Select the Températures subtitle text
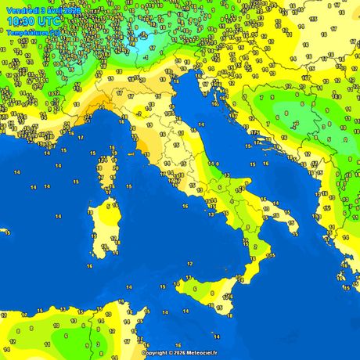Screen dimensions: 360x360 (28, 32)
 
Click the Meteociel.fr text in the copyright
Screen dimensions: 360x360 (196, 352)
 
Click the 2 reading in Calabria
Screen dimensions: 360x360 (255, 247)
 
